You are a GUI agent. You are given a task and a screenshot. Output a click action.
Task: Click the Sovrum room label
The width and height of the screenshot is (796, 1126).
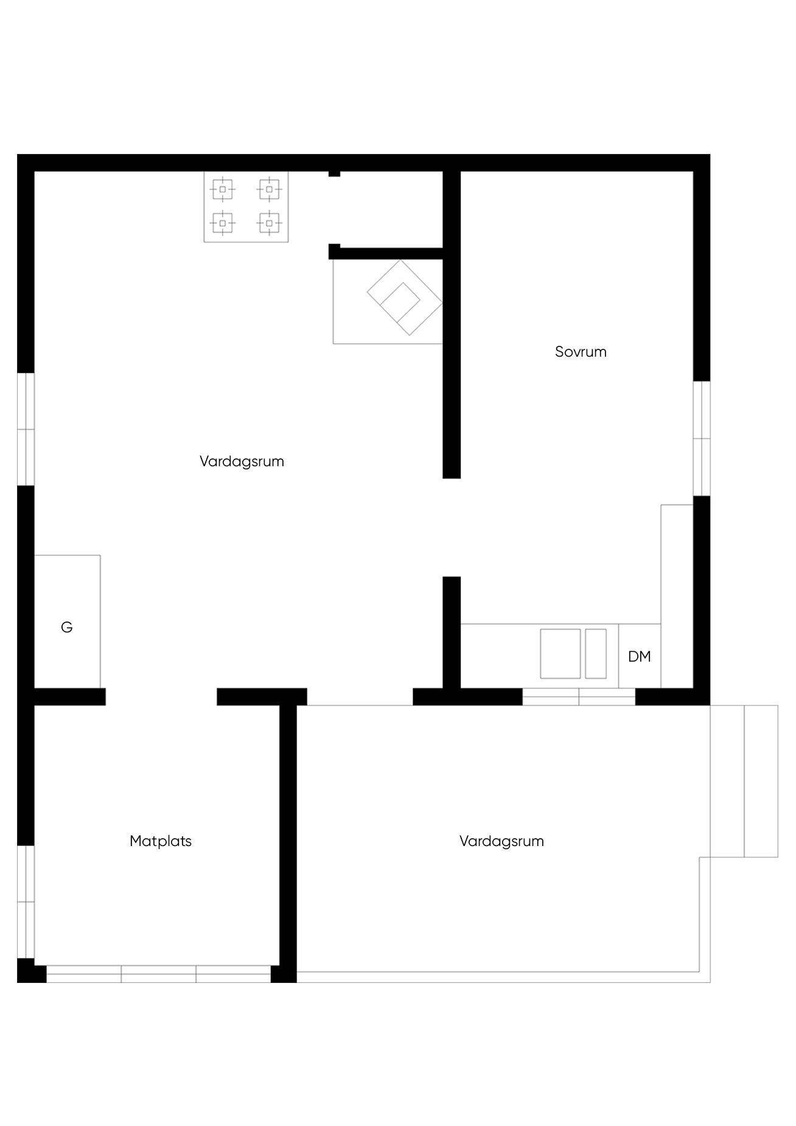pyautogui.click(x=581, y=352)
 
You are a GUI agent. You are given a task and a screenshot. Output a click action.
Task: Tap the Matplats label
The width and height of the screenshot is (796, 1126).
pyautogui.click(x=161, y=841)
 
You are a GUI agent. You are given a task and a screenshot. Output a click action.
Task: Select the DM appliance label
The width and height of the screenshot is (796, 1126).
pyautogui.click(x=640, y=657)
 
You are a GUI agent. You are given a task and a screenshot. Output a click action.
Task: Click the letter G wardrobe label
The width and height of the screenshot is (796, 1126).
pyautogui.click(x=67, y=627)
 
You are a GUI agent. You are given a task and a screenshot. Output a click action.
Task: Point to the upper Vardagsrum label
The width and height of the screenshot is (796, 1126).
pyautogui.click(x=242, y=461)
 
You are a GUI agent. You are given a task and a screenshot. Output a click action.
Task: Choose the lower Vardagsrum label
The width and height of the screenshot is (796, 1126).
pyautogui.click(x=501, y=841)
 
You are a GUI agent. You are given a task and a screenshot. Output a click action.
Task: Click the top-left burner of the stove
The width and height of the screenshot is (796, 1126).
pyautogui.click(x=223, y=189)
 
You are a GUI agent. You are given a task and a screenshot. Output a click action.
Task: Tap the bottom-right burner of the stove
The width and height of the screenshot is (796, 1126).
pyautogui.click(x=269, y=223)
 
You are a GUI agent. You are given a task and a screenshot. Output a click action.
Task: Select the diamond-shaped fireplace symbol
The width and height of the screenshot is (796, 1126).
pyautogui.click(x=404, y=297)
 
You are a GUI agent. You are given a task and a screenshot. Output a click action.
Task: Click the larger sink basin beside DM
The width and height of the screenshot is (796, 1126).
pyautogui.click(x=560, y=654)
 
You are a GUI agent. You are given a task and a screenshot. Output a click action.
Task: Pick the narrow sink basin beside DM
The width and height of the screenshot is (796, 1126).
pyautogui.click(x=596, y=654)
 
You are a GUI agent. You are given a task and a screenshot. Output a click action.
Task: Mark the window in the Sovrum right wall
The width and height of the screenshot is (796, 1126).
pyautogui.click(x=702, y=438)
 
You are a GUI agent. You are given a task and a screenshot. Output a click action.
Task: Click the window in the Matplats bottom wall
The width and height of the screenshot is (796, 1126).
pyautogui.click(x=159, y=974)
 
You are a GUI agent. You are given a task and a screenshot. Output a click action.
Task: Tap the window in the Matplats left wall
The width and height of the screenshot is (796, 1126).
pyautogui.click(x=26, y=901)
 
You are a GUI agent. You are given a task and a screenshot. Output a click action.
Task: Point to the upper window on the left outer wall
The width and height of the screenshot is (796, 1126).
pyautogui.click(x=26, y=429)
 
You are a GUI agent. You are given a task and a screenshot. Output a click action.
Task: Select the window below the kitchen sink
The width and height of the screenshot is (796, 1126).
pyautogui.click(x=579, y=697)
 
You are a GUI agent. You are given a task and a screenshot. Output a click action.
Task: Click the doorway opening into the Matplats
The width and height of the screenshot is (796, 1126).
pyautogui.click(x=161, y=697)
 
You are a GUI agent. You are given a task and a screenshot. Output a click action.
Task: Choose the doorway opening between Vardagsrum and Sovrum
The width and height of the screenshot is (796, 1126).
pyautogui.click(x=452, y=527)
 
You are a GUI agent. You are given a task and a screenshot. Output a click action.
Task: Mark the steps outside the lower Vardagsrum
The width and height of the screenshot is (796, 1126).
pyautogui.click(x=744, y=781)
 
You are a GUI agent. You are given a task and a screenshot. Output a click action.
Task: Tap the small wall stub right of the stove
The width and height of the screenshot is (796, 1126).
pyautogui.click(x=334, y=174)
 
